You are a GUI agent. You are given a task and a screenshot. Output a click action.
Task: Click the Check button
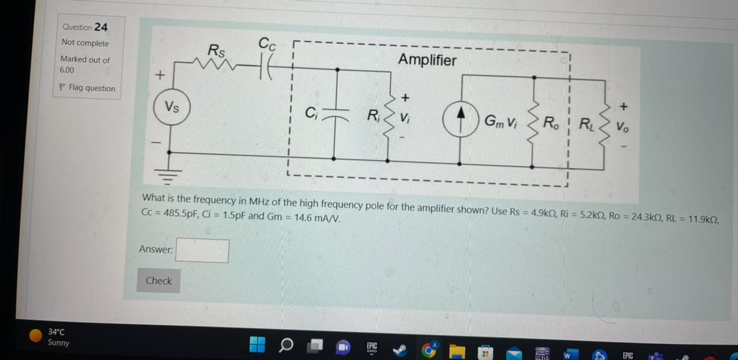tap(159, 281)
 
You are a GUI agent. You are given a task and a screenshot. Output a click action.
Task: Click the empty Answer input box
tap(202, 251)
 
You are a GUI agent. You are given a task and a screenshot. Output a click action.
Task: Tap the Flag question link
tap(87, 88)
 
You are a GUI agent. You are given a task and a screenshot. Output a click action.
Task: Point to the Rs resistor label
tap(216, 51)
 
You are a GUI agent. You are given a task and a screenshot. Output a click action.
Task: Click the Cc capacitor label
tap(267, 43)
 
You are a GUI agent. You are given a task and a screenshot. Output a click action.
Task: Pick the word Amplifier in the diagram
tap(427, 60)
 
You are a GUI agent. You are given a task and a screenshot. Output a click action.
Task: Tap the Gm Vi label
tap(500, 121)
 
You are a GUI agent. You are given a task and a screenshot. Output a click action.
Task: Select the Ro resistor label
tap(551, 123)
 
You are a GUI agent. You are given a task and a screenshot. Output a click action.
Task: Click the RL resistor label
tap(585, 124)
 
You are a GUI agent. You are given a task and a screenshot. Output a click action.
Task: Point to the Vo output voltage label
tap(622, 127)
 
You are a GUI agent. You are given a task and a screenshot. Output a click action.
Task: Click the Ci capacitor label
tap(311, 113)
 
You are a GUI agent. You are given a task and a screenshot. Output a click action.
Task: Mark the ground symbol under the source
tap(169, 175)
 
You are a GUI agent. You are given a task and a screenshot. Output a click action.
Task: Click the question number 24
tap(101, 27)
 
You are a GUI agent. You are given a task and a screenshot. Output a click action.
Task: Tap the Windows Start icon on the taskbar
tap(257, 344)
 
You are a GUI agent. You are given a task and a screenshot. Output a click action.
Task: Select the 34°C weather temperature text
tap(56, 332)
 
